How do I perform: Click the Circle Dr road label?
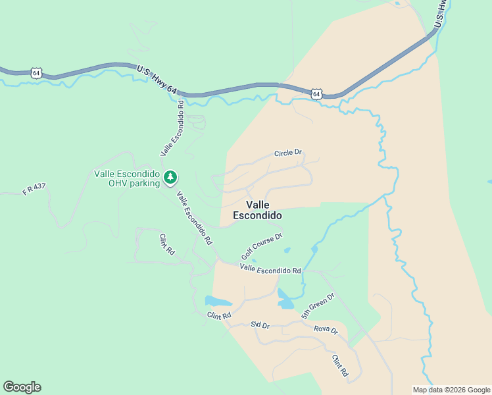click(288, 153)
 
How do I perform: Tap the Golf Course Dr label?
click(261, 246)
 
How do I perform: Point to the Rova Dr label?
click(326, 329)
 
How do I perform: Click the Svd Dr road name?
click(260, 325)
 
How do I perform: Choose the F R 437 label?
click(34, 190)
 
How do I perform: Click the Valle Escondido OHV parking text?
click(127, 178)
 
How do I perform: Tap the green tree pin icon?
click(170, 177)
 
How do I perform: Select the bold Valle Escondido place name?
click(257, 210)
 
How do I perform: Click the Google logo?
click(22, 387)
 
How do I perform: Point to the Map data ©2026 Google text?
click(451, 390)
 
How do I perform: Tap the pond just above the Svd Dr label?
click(218, 302)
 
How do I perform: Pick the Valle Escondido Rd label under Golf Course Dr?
click(270, 269)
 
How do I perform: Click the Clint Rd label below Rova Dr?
click(339, 365)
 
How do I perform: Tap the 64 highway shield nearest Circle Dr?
click(317, 94)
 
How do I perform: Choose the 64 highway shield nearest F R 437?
click(36, 73)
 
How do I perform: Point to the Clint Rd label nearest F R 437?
click(167, 244)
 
